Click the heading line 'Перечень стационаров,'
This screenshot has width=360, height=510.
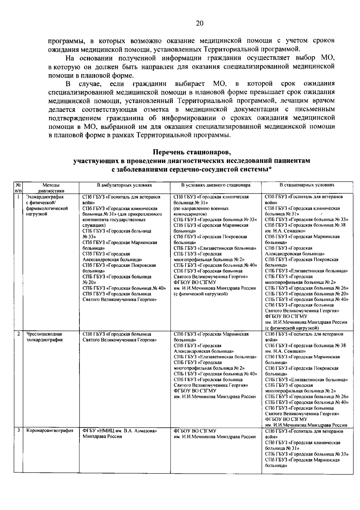(192, 153)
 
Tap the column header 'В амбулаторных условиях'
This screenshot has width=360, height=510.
(124, 185)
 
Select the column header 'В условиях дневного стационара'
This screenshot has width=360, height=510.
(216, 185)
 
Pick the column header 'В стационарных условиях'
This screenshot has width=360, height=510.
(307, 185)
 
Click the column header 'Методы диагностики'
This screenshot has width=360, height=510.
(51, 188)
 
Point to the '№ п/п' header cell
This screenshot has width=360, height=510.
(18, 188)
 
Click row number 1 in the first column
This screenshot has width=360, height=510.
(18, 197)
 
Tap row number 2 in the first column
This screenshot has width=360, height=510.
(18, 334)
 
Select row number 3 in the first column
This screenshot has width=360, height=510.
(18, 431)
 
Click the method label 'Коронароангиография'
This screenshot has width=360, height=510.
(50, 431)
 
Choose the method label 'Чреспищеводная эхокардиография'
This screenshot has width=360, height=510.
(44, 337)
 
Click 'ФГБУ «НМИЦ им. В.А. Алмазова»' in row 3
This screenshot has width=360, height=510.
(120, 431)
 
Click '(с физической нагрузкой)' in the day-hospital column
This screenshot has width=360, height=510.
(201, 294)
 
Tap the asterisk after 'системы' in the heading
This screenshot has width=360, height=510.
(270, 169)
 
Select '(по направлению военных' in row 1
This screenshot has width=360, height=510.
(201, 208)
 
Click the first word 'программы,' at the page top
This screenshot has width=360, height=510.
(63, 41)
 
